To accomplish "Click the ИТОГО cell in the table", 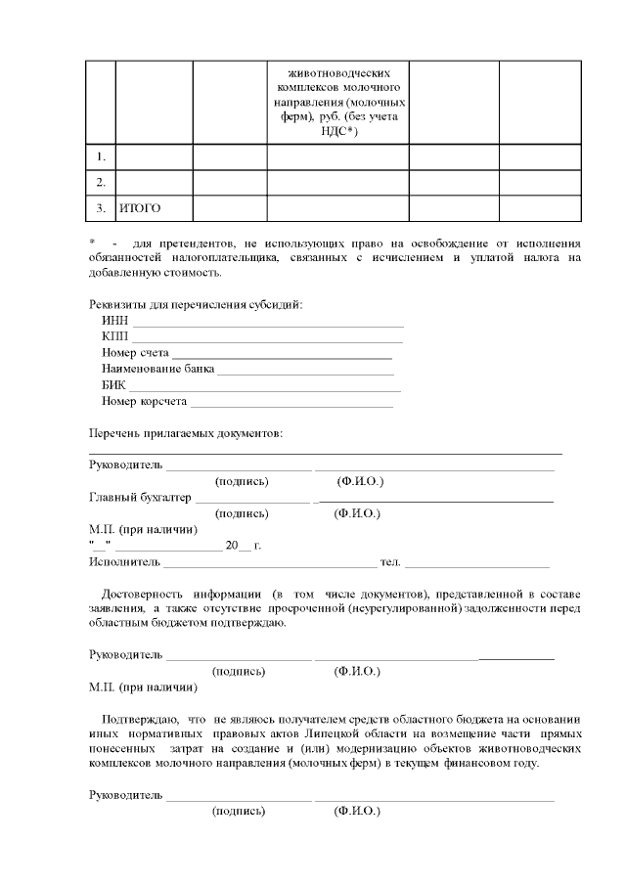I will click(140, 208).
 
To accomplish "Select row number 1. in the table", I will click(100, 156).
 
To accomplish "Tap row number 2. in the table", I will click(100, 183).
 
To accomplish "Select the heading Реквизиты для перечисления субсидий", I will click(196, 304).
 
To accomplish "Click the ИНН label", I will click(114, 321).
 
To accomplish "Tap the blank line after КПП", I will click(267, 337).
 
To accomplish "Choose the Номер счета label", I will click(135, 353).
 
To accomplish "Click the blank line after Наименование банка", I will click(305, 370).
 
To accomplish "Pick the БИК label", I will click(113, 385).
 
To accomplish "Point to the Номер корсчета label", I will click(144, 402).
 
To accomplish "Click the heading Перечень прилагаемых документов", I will click(186, 433).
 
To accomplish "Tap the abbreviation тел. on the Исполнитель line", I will click(390, 562).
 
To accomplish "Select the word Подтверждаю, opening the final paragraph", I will click(136, 718).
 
